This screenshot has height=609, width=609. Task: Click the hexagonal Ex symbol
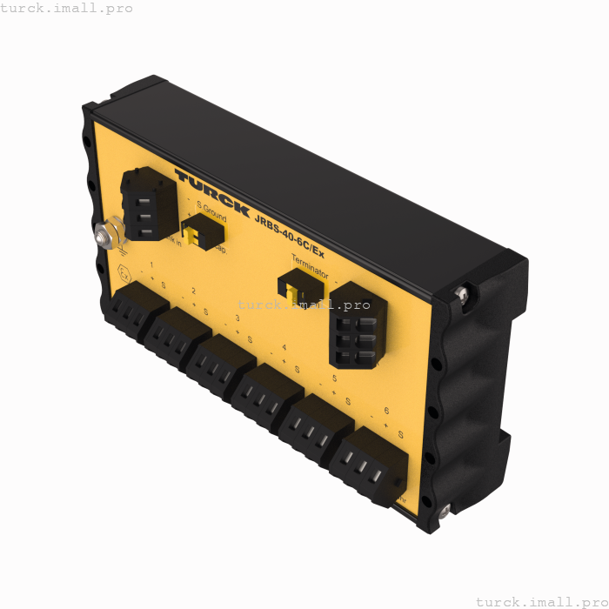point(124,271)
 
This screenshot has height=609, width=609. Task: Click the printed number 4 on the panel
point(284,349)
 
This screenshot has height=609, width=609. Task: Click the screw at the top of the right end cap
point(462,296)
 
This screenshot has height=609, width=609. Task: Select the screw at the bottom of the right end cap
point(444,512)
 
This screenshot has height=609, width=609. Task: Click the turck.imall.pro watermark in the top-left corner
point(66,8)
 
